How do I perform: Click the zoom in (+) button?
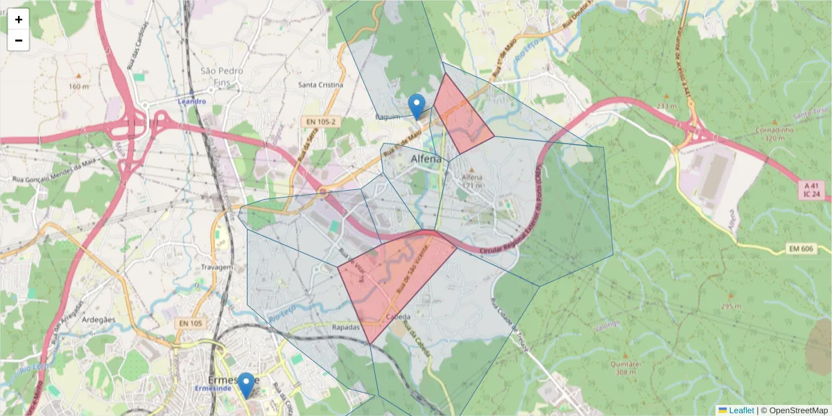[x=19, y=19]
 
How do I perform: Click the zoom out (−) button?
[x=19, y=40]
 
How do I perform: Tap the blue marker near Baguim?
[x=416, y=106]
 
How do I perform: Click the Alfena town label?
[x=426, y=159]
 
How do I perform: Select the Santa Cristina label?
[x=320, y=85]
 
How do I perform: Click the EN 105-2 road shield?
[x=320, y=121]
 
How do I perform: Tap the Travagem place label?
[x=215, y=267]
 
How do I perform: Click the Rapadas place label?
[x=345, y=327]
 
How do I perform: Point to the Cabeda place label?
[x=398, y=318]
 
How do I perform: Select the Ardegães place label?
[x=98, y=320]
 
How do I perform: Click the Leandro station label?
[x=192, y=101]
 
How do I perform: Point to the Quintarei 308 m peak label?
[x=621, y=367]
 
